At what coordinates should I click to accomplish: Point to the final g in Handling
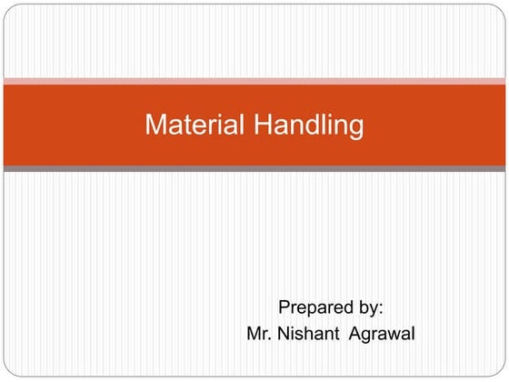pos(355,127)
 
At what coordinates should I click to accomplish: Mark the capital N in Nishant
pos(286,334)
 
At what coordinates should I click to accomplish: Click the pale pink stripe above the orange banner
pos(254,82)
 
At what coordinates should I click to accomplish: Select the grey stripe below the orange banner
pos(254,168)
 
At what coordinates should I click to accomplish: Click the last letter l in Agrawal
pos(414,334)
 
